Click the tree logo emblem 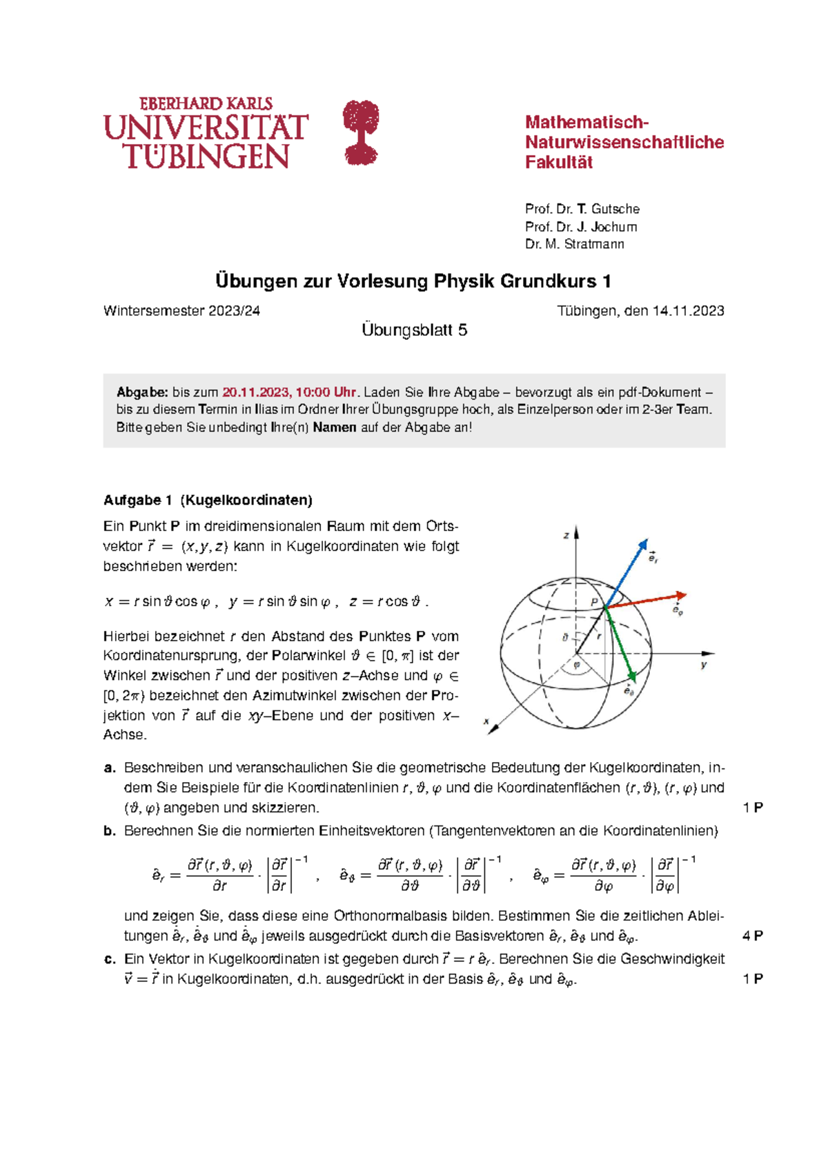coord(361,132)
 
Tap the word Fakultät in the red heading coord(559,163)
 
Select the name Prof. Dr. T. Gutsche coord(582,209)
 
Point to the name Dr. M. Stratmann coord(574,244)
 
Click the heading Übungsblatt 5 coord(414,330)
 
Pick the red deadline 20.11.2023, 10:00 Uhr coord(289,392)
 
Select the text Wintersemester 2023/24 coord(181,311)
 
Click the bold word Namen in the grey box coord(335,428)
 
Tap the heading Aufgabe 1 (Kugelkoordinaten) coord(208,500)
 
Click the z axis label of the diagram coord(566,535)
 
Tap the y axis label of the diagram coord(704,665)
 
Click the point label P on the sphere coord(594,601)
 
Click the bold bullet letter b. coord(109,831)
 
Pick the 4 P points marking coord(752,936)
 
